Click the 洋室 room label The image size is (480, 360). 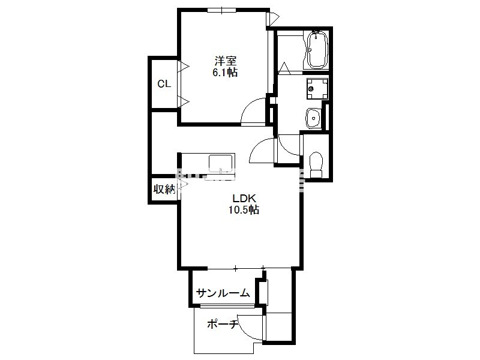pyautogui.click(x=225, y=61)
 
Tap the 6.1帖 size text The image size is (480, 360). pyautogui.click(x=225, y=73)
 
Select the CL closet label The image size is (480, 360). pyautogui.click(x=164, y=84)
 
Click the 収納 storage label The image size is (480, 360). pyautogui.click(x=164, y=189)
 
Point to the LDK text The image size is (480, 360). pyautogui.click(x=244, y=199)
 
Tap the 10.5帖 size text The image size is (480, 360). pyautogui.click(x=244, y=209)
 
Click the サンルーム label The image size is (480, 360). pyautogui.click(x=223, y=293)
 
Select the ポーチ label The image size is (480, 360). pyautogui.click(x=223, y=324)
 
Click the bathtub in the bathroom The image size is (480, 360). pyautogui.click(x=317, y=50)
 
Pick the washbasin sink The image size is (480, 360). pyautogui.click(x=313, y=118)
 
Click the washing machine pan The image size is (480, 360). pyautogui.click(x=317, y=89)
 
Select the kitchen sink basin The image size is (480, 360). pyautogui.click(x=220, y=163)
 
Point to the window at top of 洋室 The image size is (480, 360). pyautogui.click(x=221, y=10)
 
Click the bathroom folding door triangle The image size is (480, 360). pyautogui.click(x=284, y=68)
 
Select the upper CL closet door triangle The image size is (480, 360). pyautogui.click(x=184, y=66)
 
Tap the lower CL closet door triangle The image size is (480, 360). pyautogui.click(x=184, y=101)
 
